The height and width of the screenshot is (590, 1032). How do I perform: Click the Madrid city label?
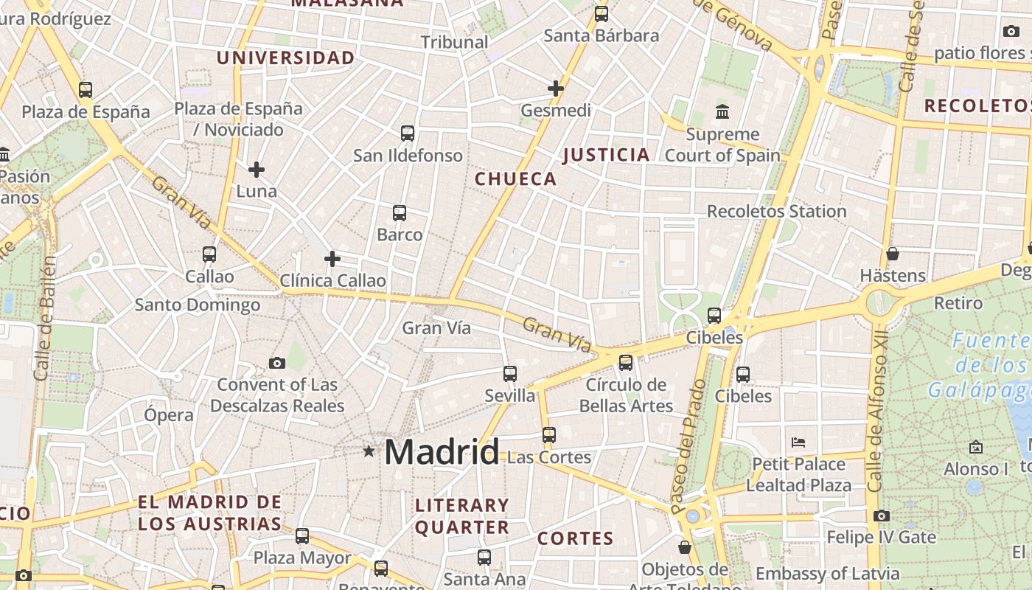click(442, 451)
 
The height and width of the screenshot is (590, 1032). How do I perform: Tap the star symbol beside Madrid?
click(369, 451)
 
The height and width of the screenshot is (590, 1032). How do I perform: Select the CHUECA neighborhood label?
click(515, 178)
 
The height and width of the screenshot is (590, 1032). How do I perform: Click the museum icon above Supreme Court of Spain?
click(722, 112)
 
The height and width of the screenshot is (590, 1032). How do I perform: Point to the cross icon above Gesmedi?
click(556, 88)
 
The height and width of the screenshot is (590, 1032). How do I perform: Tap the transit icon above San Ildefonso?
click(408, 133)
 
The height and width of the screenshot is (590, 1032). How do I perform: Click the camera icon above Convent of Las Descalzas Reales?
click(277, 363)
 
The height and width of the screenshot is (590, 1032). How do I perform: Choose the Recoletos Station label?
click(776, 212)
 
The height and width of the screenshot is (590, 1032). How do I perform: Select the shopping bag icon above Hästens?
click(893, 254)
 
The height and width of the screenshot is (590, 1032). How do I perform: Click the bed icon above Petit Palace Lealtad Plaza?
click(798, 442)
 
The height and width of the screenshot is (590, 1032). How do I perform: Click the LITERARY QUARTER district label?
click(461, 516)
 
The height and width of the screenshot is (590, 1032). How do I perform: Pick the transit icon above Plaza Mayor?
click(302, 536)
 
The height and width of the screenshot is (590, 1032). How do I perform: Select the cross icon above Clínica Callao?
click(332, 259)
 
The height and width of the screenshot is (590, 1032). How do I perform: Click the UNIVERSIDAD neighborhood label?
click(285, 58)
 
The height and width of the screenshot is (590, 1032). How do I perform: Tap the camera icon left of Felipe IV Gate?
click(882, 516)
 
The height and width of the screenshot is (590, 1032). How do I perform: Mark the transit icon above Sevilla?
click(510, 374)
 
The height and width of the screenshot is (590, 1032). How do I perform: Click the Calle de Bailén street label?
click(45, 317)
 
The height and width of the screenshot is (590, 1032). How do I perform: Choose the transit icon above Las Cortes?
click(548, 435)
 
